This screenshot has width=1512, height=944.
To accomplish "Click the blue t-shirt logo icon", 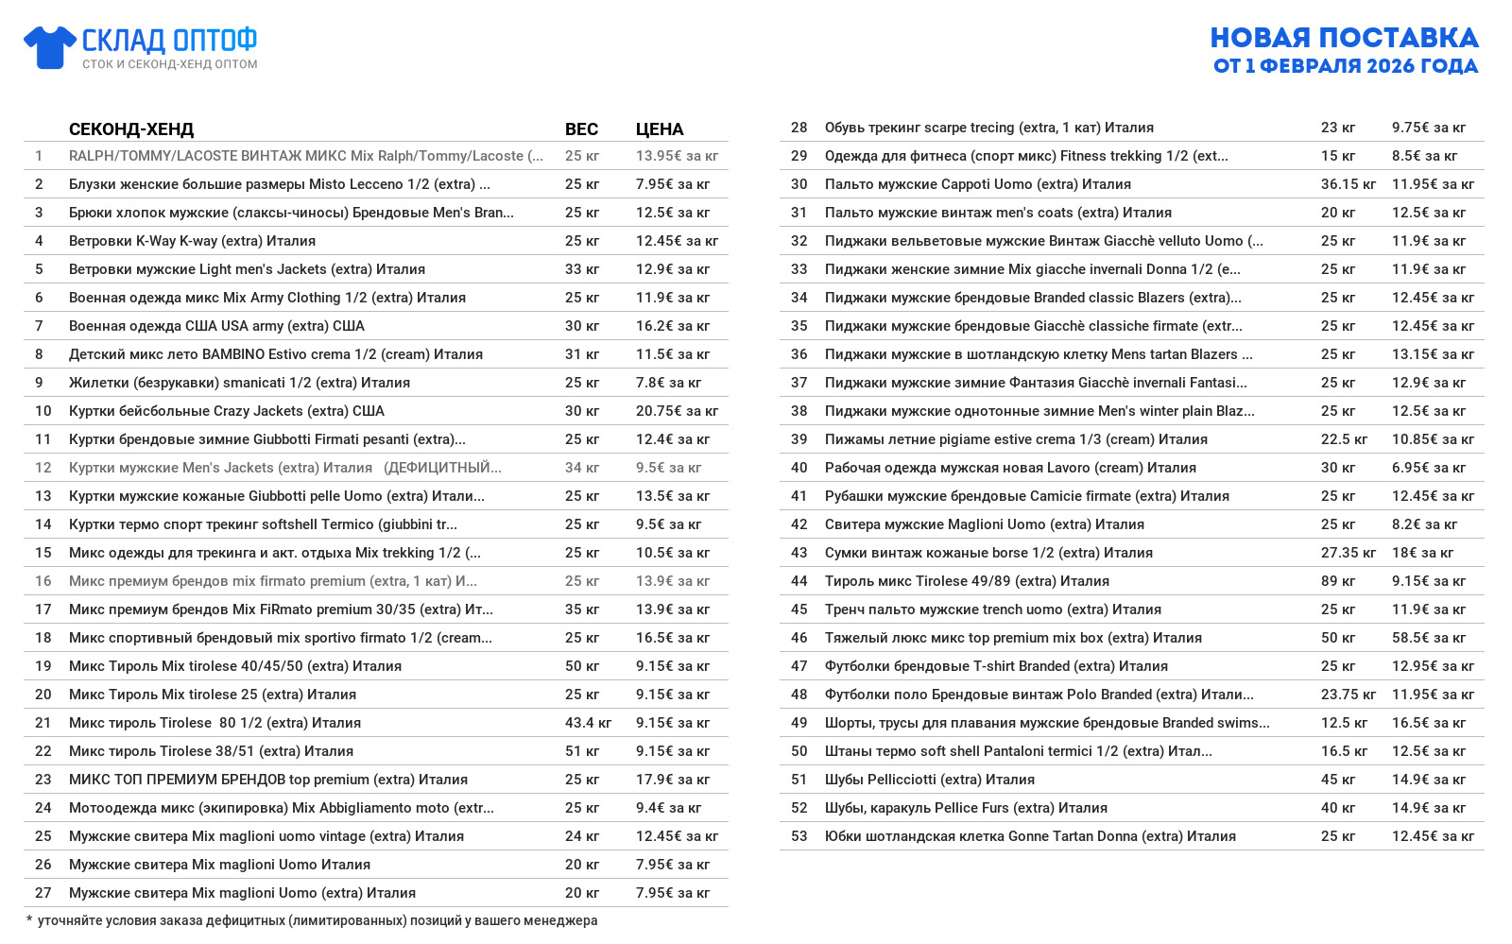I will click(x=49, y=47).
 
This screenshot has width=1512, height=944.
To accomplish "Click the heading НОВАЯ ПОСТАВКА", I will click(x=1344, y=38).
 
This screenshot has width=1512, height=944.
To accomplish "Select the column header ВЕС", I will click(x=581, y=129).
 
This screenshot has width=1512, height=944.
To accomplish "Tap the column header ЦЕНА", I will click(x=660, y=129).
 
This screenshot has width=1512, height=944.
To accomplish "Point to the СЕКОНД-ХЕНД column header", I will click(x=131, y=129).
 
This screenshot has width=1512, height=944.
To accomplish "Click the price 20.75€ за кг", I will click(x=677, y=411).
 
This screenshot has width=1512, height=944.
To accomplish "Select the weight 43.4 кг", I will click(x=588, y=723).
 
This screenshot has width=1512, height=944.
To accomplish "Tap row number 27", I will click(x=43, y=893).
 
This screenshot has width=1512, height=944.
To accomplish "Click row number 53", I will click(x=799, y=836).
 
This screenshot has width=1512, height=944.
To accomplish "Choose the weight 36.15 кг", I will click(x=1348, y=184).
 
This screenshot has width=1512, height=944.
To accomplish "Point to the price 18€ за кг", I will click(x=1422, y=553).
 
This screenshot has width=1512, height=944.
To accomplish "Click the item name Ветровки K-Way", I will click(x=192, y=241).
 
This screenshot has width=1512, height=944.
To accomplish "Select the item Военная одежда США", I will click(x=216, y=326).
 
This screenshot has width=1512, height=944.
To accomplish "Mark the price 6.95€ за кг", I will click(x=1429, y=468).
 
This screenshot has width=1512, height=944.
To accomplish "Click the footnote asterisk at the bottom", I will click(x=29, y=919).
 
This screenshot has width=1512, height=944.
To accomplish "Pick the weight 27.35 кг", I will click(x=1348, y=553).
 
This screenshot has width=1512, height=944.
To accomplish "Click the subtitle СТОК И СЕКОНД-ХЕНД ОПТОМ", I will click(x=169, y=64).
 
